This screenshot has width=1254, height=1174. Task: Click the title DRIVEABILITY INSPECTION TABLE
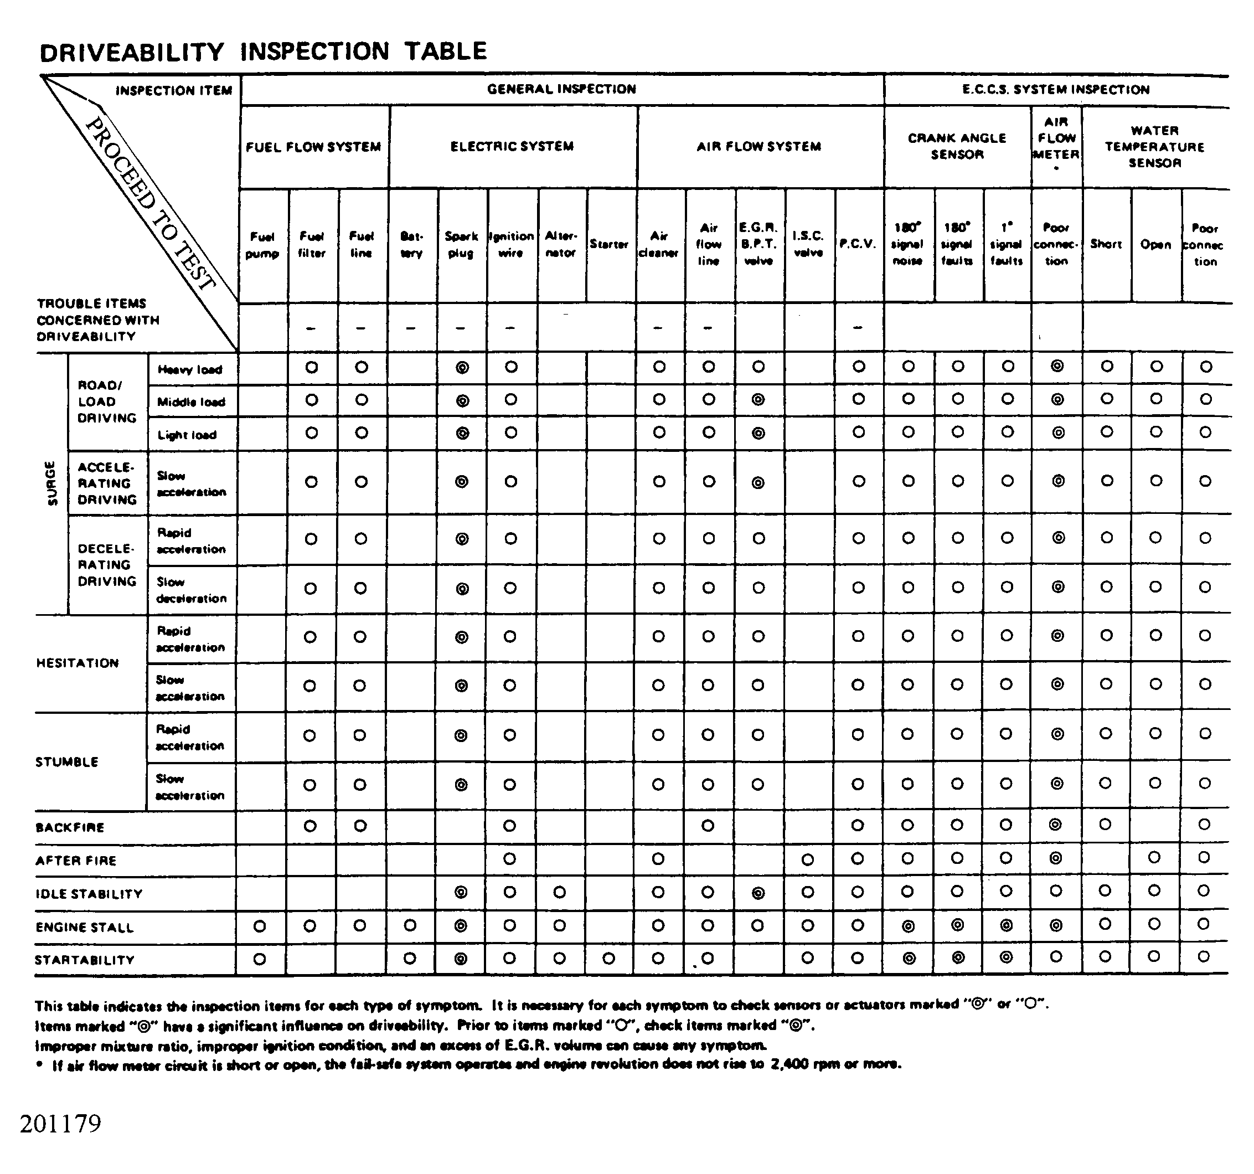click(263, 52)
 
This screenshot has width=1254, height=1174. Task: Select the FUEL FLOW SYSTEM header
click(313, 147)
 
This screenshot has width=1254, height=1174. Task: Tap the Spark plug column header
click(461, 245)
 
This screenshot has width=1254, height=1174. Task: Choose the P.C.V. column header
click(858, 244)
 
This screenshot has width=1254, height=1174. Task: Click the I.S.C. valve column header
click(808, 244)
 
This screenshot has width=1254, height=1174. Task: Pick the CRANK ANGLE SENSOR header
click(957, 146)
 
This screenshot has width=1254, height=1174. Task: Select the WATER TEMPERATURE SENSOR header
click(1154, 147)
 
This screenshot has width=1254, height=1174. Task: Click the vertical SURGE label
click(51, 484)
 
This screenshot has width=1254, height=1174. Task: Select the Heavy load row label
click(190, 370)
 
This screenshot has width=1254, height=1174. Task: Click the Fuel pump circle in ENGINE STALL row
click(259, 926)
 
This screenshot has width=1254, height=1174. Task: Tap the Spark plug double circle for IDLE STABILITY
click(461, 893)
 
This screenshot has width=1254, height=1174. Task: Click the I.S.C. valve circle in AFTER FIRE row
click(807, 860)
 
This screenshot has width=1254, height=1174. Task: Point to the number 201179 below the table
click(60, 1124)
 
